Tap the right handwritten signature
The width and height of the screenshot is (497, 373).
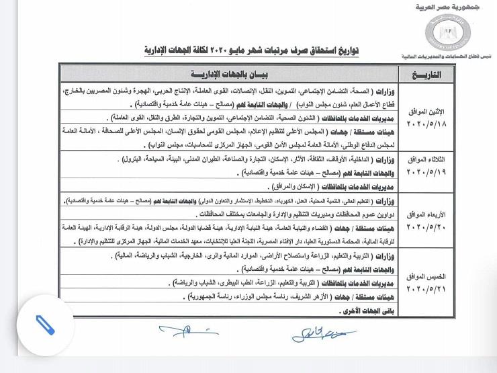coord(316,333)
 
